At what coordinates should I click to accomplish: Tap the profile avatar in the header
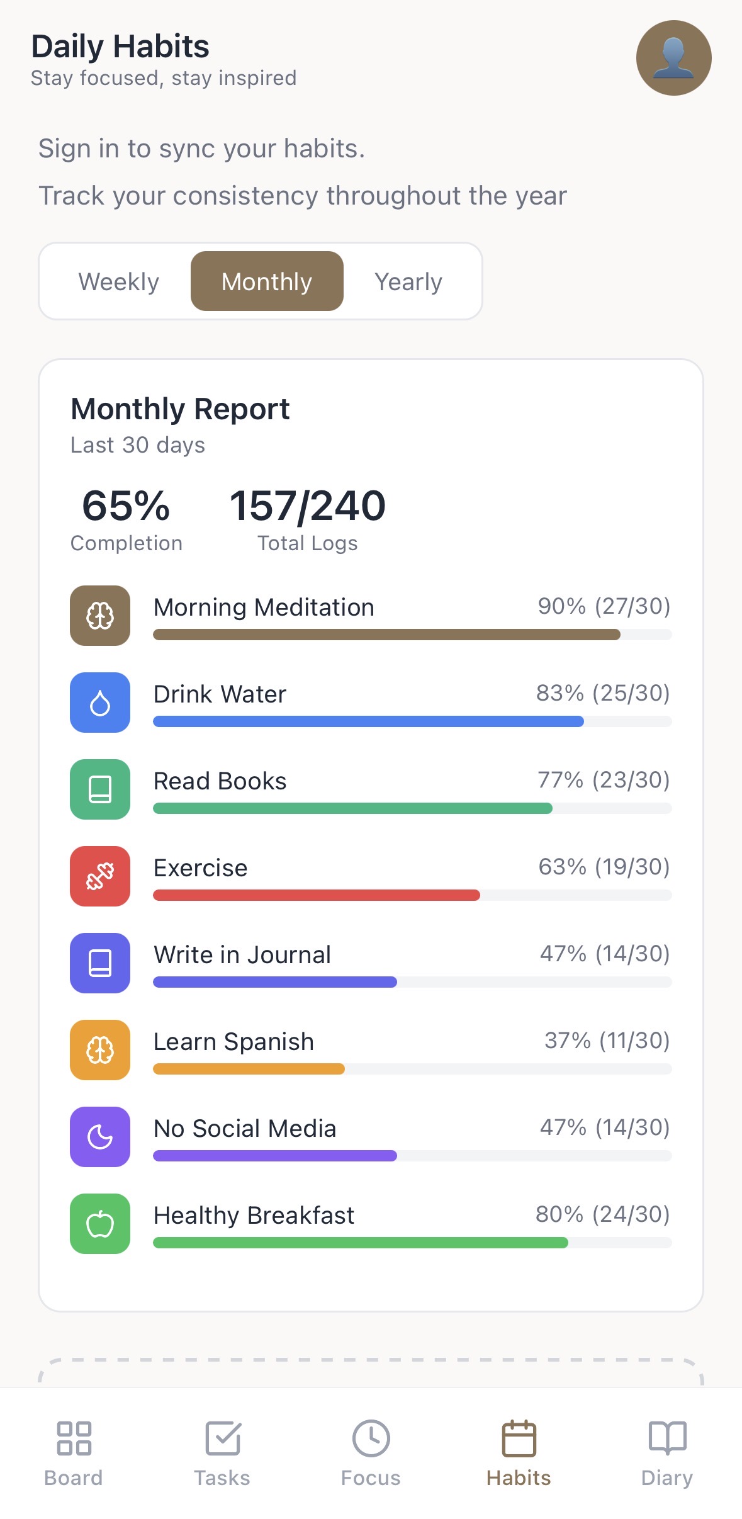[673, 58]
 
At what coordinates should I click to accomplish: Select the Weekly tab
[118, 281]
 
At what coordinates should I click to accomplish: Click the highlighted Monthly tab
[267, 281]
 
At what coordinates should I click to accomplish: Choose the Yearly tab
[408, 281]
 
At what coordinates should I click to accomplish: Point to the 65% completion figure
[126, 506]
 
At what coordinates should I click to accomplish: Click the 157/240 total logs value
[307, 506]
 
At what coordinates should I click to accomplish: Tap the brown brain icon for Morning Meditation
[100, 616]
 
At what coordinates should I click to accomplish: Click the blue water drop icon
[100, 703]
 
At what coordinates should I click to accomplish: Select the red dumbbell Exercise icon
[100, 876]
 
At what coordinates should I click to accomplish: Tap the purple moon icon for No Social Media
[100, 1137]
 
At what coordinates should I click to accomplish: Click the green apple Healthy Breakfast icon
[100, 1224]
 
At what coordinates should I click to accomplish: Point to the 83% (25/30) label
[602, 693]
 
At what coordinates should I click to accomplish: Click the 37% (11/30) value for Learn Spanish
[607, 1041]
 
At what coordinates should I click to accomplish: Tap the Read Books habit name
[220, 781]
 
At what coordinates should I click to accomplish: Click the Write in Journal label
[242, 955]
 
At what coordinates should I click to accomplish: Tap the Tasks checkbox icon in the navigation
[223, 1439]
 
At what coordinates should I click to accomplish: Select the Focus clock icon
[371, 1439]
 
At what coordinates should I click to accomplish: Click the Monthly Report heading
[180, 409]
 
